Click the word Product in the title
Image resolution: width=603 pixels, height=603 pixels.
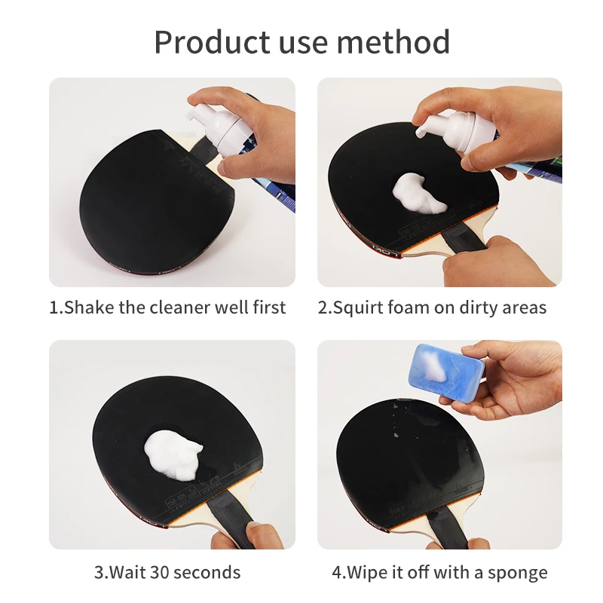pos(213,41)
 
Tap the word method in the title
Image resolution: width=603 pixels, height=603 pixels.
pos(393,41)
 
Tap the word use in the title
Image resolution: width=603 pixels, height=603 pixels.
pos(303,45)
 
